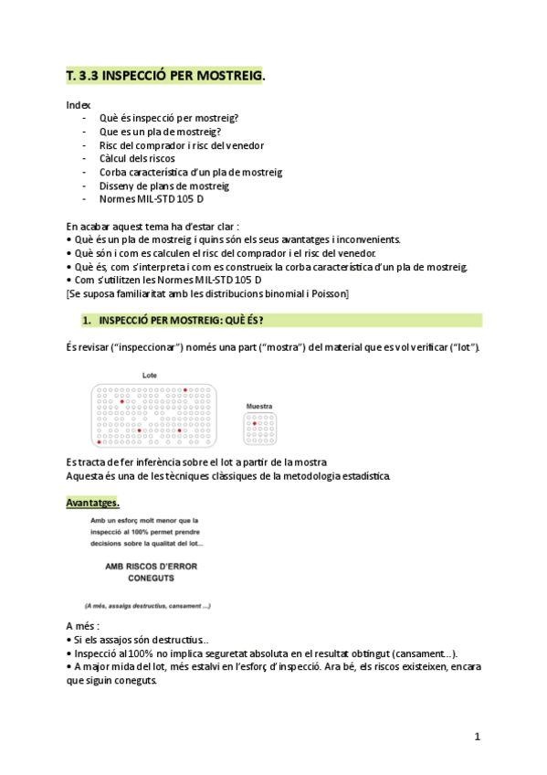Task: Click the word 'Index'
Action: (79, 105)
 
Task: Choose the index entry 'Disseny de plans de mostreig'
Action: (163, 185)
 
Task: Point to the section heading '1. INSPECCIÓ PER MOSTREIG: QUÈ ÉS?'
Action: (180, 321)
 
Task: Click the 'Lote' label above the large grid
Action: (150, 376)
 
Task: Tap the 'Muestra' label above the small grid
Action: (260, 407)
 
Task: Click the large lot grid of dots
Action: (153, 415)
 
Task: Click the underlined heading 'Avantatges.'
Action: (92, 503)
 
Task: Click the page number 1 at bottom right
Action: (477, 737)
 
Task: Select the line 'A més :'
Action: (83, 626)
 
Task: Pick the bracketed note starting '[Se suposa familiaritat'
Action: (207, 293)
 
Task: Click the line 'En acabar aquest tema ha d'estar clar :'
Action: (153, 226)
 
